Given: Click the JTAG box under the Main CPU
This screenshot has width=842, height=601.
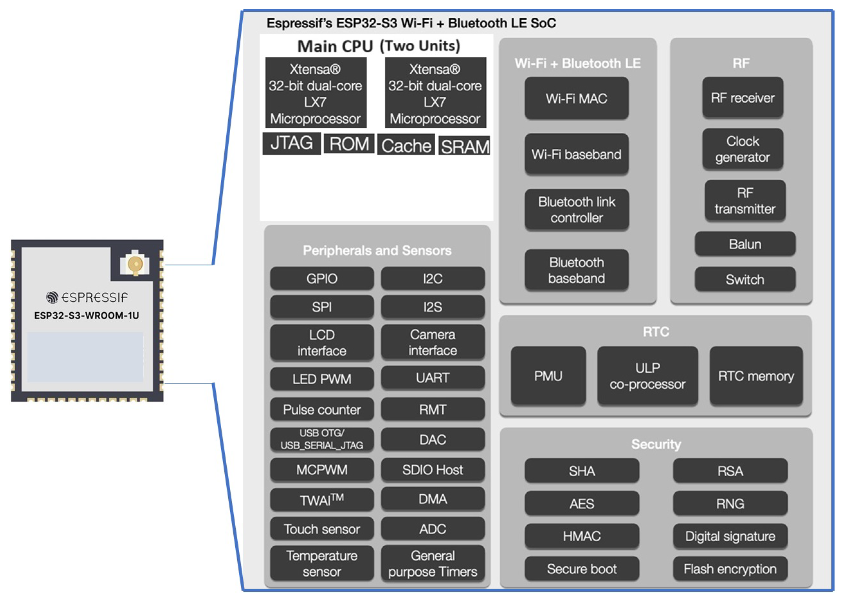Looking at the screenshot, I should pos(291,143).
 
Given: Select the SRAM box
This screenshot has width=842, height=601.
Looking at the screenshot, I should pos(464,146).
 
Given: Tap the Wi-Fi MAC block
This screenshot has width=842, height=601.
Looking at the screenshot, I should pos(576,98).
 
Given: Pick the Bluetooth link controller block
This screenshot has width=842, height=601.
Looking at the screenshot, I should pos(576,210).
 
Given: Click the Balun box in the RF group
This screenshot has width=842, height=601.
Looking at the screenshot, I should pos(745,244).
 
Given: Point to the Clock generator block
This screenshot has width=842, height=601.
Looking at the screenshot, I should pos(742,149).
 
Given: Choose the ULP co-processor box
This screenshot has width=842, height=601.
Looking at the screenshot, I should pos(647,376).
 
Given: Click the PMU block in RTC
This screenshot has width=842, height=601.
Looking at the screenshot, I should pos(548,376).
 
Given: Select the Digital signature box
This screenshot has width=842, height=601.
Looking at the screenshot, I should pos(730,536).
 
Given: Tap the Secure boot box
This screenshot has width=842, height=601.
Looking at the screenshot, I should pos(582,569).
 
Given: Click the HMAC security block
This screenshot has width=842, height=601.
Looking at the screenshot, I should pos(582,536).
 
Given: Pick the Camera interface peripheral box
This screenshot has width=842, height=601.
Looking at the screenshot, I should pos(433,342).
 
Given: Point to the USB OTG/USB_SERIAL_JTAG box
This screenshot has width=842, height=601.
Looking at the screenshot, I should pos(321,439).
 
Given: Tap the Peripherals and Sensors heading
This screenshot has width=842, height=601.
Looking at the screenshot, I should pos(377,251).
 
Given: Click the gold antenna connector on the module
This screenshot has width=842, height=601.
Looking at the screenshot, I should pos(135,264).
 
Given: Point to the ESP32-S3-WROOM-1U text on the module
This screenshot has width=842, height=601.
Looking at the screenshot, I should pos(86,316).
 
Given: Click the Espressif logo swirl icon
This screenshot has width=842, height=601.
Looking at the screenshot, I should pos(52,297).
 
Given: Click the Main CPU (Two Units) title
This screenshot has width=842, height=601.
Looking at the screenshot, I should pos(378,46).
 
